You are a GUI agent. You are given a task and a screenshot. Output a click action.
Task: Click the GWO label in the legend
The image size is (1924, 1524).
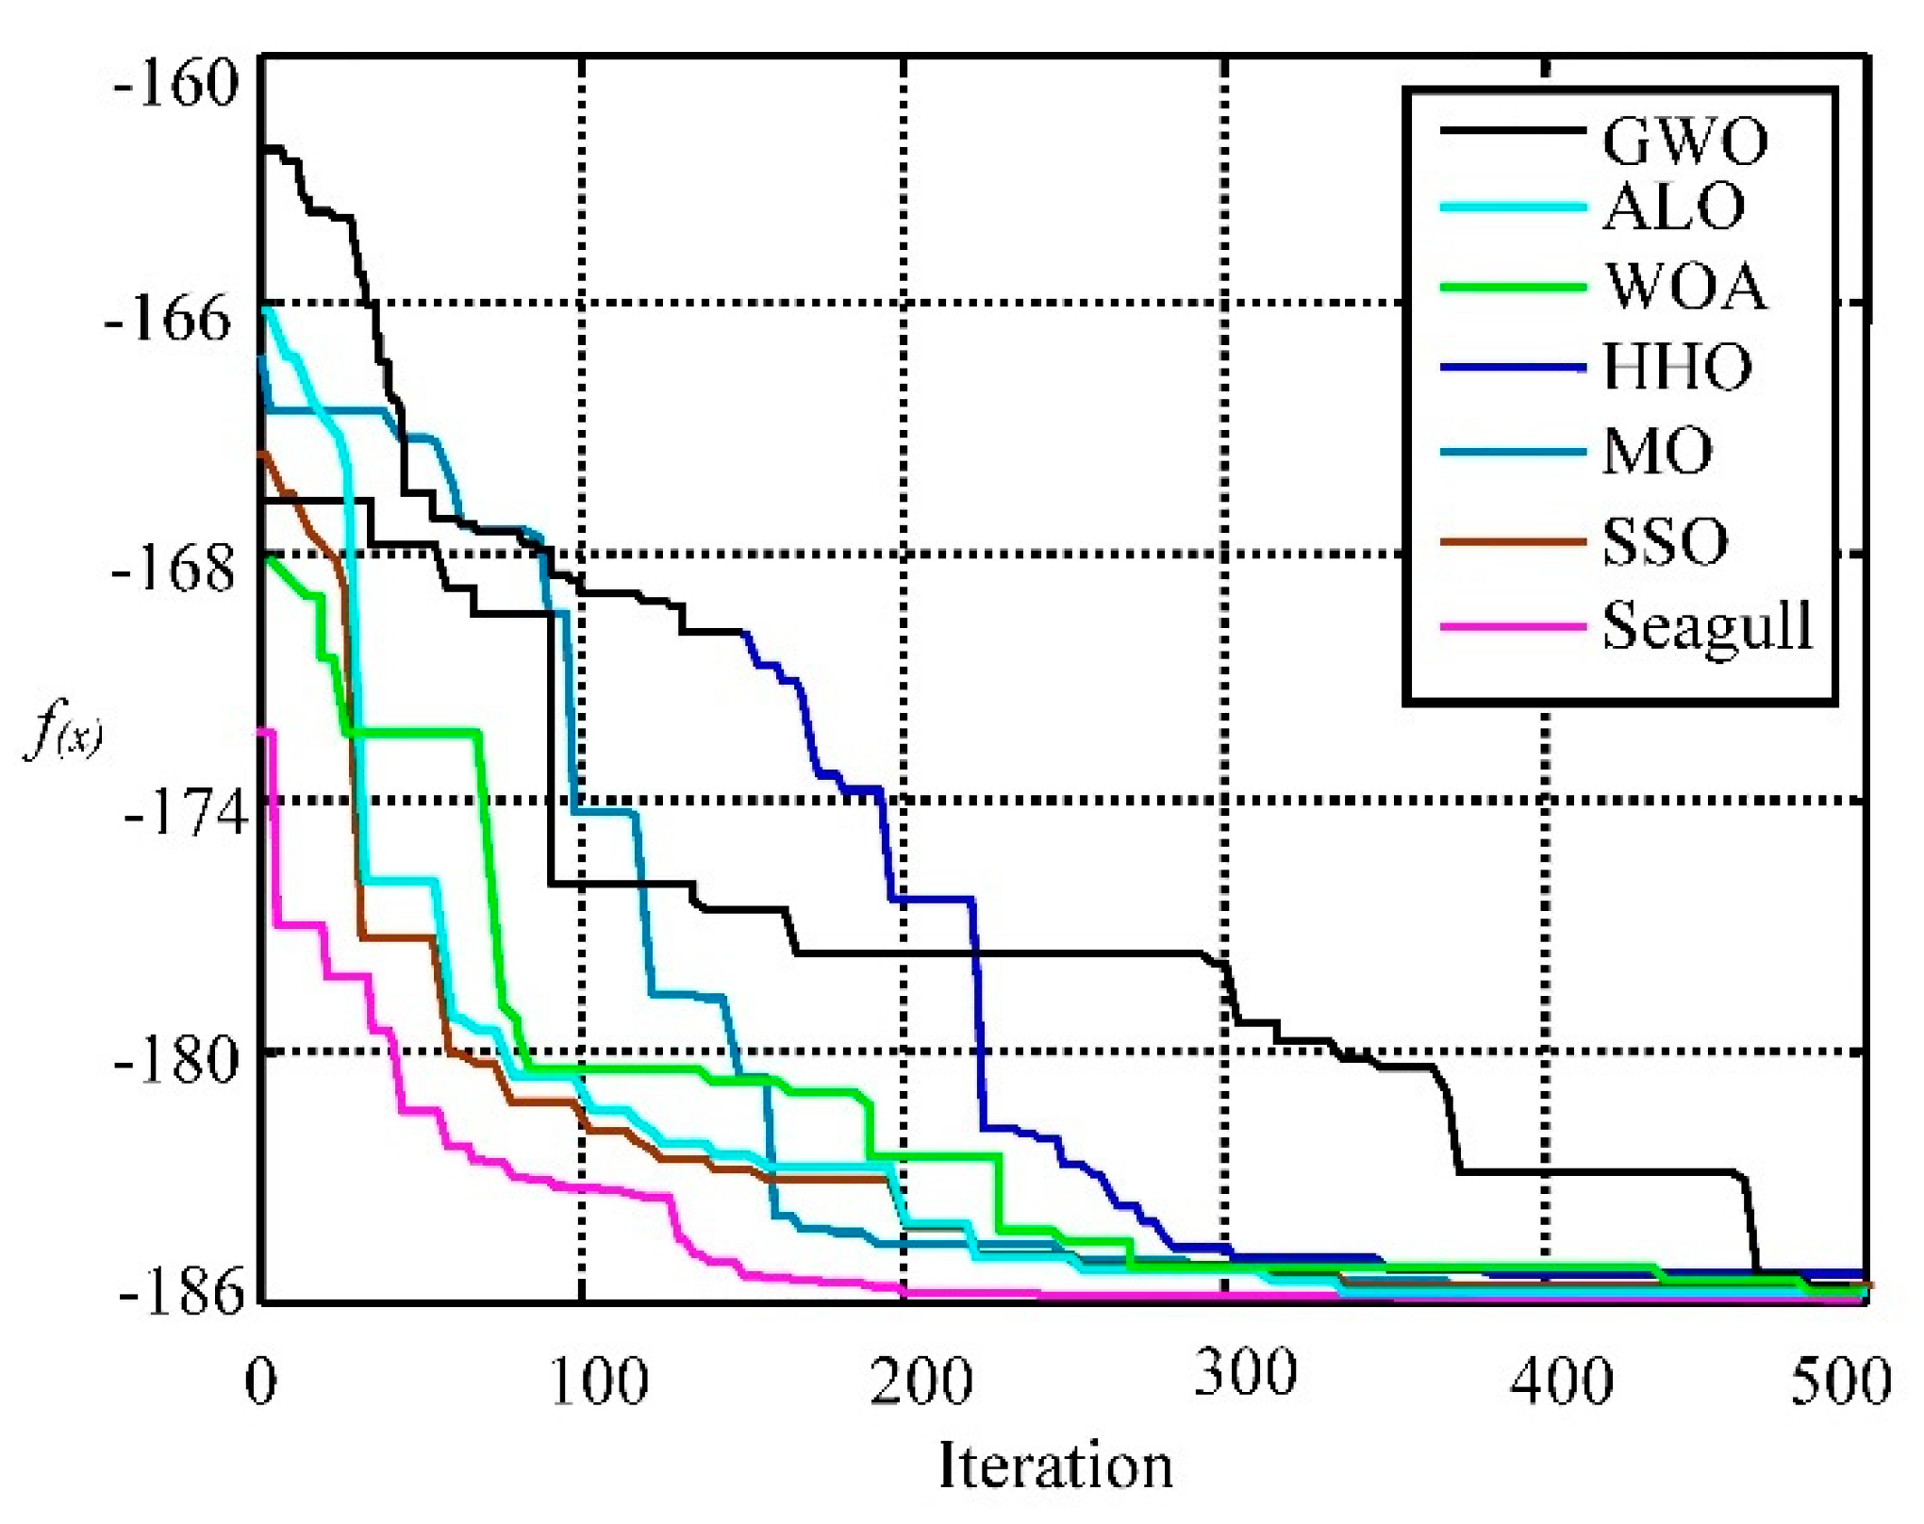point(1684,141)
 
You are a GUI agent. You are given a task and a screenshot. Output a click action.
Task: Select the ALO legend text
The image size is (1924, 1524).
point(1674,207)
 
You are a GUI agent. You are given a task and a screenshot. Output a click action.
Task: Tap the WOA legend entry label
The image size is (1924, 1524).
point(1686,287)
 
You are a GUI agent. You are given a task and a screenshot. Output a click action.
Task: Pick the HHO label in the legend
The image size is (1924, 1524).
point(1678,367)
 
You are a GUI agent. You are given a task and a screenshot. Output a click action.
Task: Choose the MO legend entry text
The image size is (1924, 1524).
point(1658,452)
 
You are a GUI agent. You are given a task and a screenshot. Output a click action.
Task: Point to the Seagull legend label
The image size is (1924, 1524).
point(1707,627)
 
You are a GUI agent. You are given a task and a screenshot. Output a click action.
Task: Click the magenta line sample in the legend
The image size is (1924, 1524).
point(1513,626)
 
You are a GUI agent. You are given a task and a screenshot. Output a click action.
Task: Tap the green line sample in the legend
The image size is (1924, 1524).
point(1513,287)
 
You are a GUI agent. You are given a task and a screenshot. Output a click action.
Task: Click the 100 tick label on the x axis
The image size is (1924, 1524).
point(599,1383)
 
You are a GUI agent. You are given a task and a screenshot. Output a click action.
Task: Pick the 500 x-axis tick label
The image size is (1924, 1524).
point(1840,1383)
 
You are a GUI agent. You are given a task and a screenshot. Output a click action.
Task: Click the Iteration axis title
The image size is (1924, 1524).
point(1055,1466)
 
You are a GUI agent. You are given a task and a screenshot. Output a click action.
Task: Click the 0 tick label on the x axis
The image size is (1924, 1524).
point(261,1383)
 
